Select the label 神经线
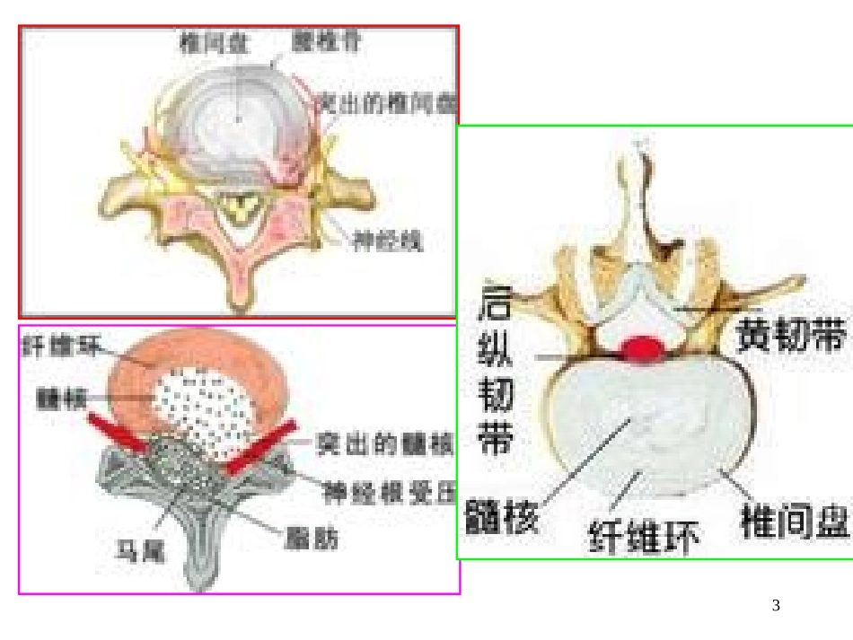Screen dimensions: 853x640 pyautogui.click(x=386, y=240)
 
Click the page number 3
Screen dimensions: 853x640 pyautogui.click(x=776, y=607)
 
